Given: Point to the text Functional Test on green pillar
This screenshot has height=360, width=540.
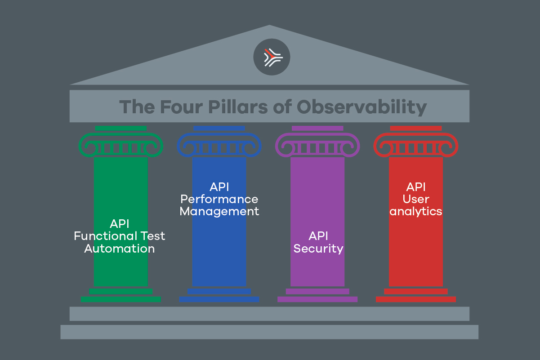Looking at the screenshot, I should (120, 236).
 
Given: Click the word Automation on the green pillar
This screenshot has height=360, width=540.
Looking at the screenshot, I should (120, 249).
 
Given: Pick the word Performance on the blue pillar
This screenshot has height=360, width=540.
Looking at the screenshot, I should (219, 199).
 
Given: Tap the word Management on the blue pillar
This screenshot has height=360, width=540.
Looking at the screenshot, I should (219, 211).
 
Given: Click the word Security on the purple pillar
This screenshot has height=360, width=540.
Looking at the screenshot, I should (318, 249).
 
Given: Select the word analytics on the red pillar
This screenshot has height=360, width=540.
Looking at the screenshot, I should (416, 211).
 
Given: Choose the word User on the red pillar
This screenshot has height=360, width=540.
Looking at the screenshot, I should (416, 199).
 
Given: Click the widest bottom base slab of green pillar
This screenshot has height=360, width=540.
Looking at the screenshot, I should (120, 299).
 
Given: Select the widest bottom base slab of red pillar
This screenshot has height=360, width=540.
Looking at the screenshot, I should (416, 299).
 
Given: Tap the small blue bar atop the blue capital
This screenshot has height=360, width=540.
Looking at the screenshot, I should (219, 128).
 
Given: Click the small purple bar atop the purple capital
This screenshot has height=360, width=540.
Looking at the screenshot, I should (317, 128).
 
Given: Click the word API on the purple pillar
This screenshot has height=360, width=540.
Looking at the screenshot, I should (318, 236).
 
